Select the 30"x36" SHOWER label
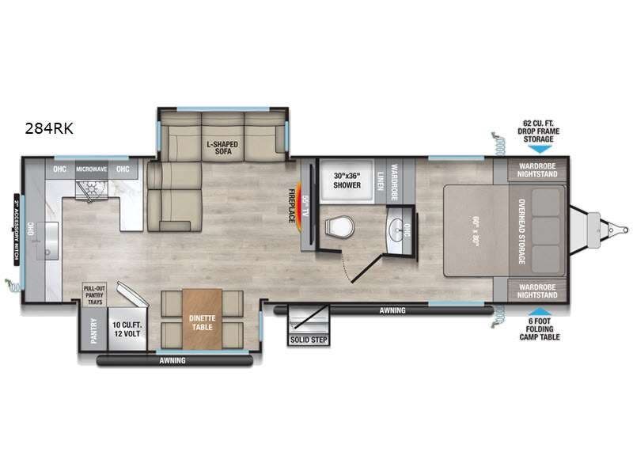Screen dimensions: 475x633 click(x=347, y=180)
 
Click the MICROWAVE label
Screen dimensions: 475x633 click(x=91, y=169)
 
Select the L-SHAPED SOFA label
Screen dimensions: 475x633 click(x=222, y=148)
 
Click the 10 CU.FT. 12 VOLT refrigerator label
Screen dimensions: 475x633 click(x=126, y=329)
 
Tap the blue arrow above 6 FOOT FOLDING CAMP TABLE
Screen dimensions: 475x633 click(x=537, y=313)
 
